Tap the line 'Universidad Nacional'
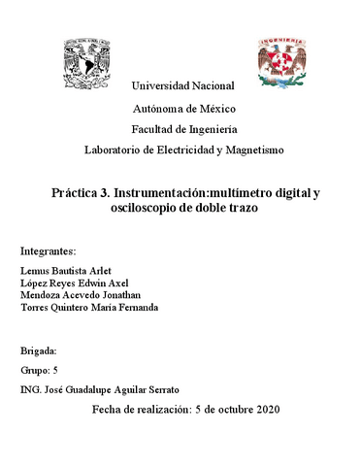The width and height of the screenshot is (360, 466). click(182, 87)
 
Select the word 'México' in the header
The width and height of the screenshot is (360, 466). click(214, 108)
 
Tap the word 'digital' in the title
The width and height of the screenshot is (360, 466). click(289, 193)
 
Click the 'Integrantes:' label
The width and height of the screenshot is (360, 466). click(49, 250)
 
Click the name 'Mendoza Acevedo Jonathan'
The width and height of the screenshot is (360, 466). click(80, 295)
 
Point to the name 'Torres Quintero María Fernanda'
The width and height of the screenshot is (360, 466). click(89, 308)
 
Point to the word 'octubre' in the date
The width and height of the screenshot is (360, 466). click(232, 411)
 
